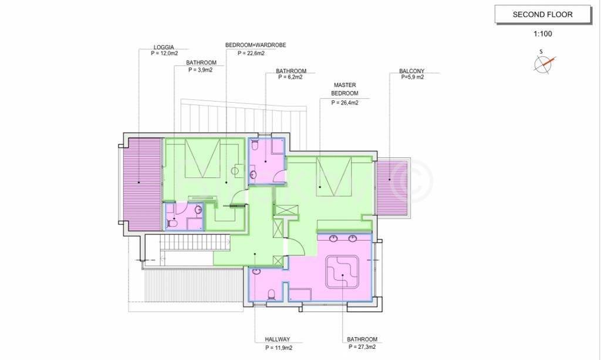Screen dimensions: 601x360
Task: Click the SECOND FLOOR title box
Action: point(543,15)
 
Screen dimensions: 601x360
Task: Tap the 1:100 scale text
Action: point(543,33)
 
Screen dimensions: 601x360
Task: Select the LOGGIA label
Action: point(164,47)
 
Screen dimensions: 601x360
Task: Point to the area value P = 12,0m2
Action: point(164,53)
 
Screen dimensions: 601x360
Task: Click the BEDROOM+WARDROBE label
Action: point(256,45)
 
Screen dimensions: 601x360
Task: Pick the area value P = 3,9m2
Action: point(201,70)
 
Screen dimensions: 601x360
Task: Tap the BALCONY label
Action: point(411,71)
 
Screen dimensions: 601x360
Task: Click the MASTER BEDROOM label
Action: point(345,89)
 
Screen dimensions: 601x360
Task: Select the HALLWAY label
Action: point(278,339)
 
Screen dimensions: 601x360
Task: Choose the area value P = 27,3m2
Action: point(362,347)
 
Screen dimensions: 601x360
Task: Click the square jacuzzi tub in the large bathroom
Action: point(342,272)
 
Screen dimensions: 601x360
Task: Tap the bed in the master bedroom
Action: point(333,176)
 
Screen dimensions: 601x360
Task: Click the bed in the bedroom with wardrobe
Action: point(202,158)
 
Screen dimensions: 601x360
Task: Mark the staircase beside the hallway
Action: point(195,243)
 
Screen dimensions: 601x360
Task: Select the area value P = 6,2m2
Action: point(291,77)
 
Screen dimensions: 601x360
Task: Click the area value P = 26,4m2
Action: point(345,103)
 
